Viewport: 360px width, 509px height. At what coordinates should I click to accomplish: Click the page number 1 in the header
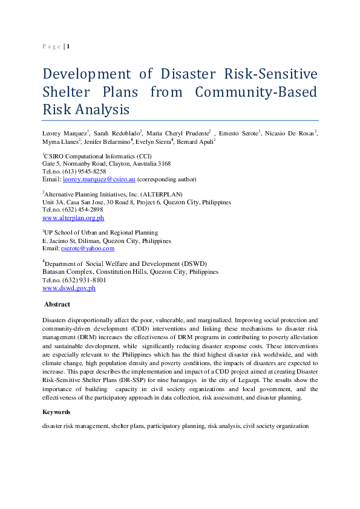click(68, 46)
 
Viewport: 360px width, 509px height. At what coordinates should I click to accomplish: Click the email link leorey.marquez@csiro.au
click(99, 180)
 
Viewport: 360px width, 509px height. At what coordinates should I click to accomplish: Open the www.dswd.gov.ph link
click(68, 288)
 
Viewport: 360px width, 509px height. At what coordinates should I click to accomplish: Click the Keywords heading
click(56, 412)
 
